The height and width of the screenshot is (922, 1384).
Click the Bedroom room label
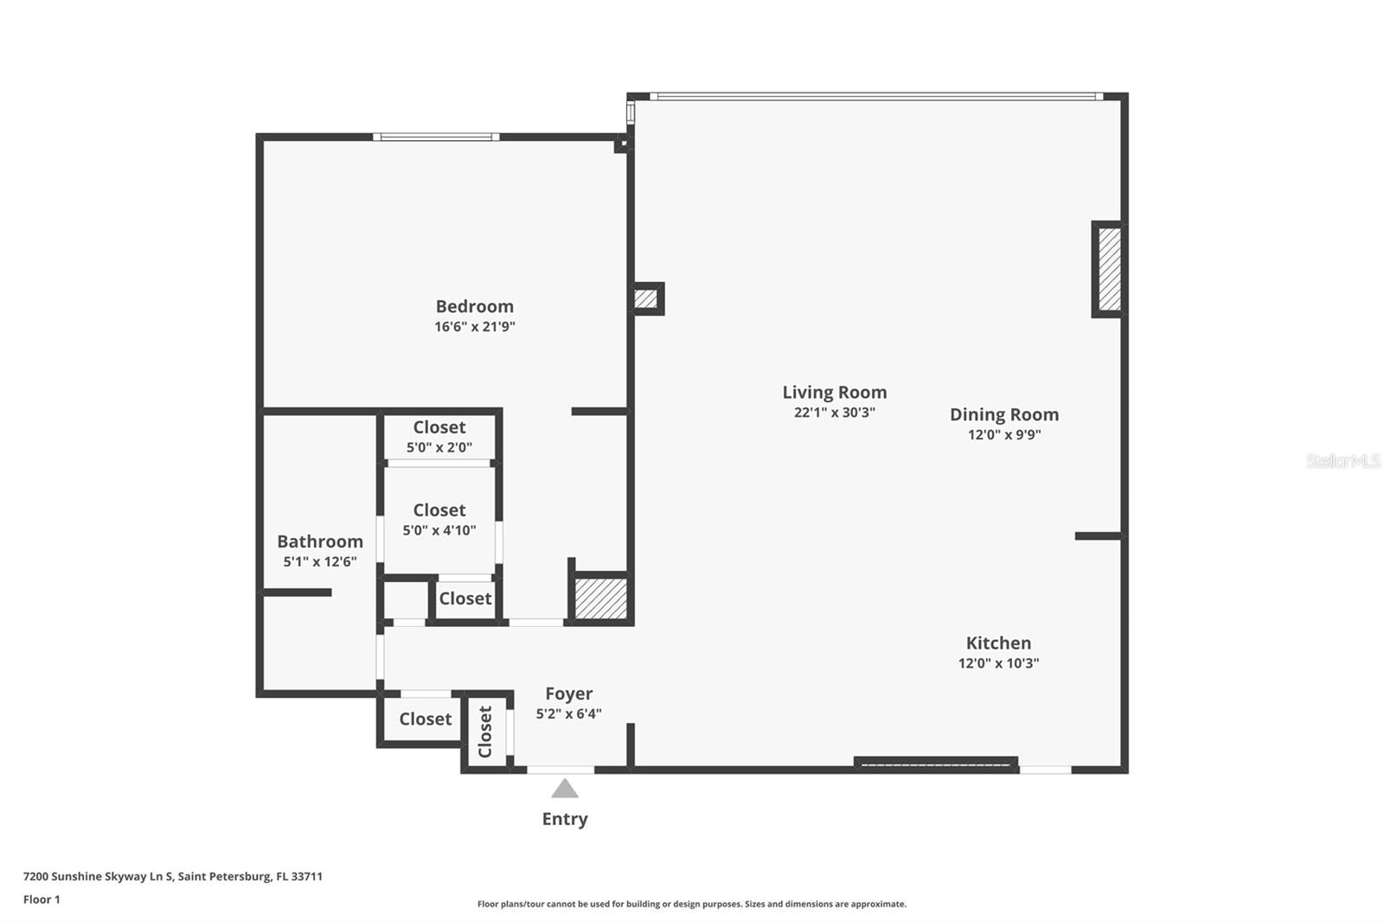click(x=474, y=306)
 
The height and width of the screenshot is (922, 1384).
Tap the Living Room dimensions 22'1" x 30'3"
click(x=834, y=413)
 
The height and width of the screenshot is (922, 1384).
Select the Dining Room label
click(x=1003, y=414)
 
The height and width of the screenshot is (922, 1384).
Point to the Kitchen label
click(x=998, y=643)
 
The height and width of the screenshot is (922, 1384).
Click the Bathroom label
click(x=319, y=541)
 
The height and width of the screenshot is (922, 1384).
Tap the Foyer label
click(x=568, y=694)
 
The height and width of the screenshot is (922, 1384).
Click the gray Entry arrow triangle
click(x=565, y=789)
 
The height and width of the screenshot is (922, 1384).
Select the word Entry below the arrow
click(x=565, y=819)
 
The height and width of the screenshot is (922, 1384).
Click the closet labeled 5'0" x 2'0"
click(x=439, y=437)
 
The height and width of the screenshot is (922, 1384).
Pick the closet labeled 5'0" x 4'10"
click(x=439, y=519)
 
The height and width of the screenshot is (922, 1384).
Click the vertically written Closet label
click(x=485, y=732)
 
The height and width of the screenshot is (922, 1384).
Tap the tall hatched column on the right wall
click(x=1109, y=269)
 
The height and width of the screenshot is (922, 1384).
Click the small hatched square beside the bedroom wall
click(x=645, y=299)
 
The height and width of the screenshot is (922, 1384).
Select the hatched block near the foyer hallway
click(x=601, y=599)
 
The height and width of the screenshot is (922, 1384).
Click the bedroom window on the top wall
click(x=436, y=137)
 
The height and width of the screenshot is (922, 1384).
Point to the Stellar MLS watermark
click(x=1342, y=461)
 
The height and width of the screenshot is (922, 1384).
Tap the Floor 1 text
click(x=42, y=900)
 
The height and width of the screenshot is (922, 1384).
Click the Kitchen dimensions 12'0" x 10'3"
click(x=998, y=663)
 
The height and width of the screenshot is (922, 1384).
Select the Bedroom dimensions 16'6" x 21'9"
click(x=474, y=327)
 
